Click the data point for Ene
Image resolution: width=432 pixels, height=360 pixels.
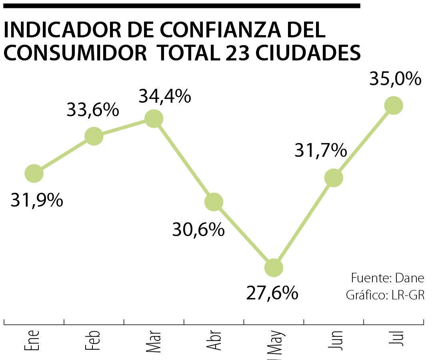[34, 173]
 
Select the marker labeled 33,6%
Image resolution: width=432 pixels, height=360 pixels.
[94, 136]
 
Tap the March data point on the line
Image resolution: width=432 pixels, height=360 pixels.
[154, 119]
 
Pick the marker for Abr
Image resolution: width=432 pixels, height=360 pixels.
[214, 202]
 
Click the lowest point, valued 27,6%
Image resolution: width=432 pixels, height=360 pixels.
[274, 267]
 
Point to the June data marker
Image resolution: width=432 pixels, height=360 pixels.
[334, 177]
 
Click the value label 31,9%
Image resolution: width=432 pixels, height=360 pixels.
[37, 200]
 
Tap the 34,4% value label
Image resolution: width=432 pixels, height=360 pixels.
[164, 97]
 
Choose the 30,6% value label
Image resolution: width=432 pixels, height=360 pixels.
[198, 230]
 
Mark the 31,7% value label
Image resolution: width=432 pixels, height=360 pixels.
[320, 150]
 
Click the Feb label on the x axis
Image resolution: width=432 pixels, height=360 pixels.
[92, 340]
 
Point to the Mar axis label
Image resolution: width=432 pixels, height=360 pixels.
[153, 341]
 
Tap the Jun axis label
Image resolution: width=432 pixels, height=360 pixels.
[335, 340]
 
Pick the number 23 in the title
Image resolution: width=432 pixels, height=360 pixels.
[235, 53]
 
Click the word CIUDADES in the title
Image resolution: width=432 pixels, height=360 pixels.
[307, 53]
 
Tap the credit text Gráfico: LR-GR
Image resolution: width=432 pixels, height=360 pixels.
[384, 295]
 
